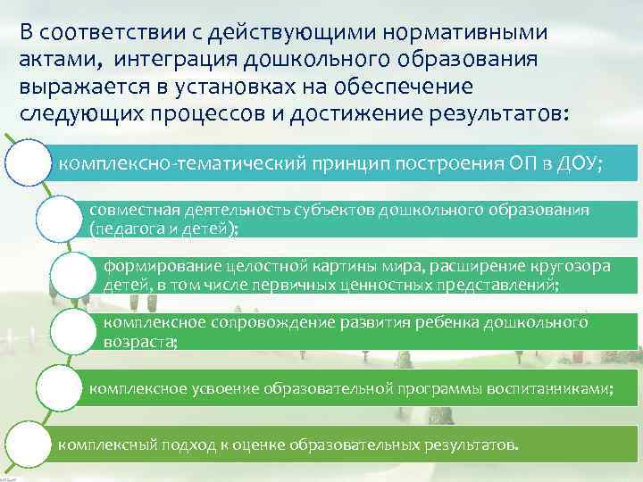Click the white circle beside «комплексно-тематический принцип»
(29, 163)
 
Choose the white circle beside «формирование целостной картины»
(75, 276)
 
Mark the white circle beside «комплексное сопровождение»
(75, 333)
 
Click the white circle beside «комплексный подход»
(29, 445)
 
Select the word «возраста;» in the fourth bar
(141, 340)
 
